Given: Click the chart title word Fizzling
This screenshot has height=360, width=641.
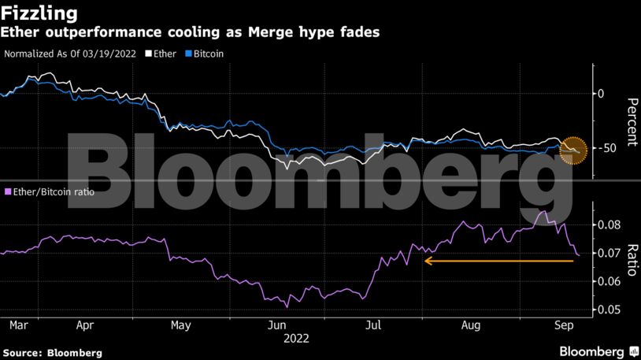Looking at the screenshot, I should click(x=39, y=13).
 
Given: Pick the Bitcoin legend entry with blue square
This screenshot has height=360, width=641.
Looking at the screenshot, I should click(x=203, y=54).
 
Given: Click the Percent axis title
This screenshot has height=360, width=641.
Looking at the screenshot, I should click(x=631, y=122).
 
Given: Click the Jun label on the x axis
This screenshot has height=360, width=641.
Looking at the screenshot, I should click(x=277, y=325).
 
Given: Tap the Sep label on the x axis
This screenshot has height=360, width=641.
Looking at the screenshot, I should click(x=564, y=325).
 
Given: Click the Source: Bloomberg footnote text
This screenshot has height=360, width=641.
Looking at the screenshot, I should click(x=52, y=352).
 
